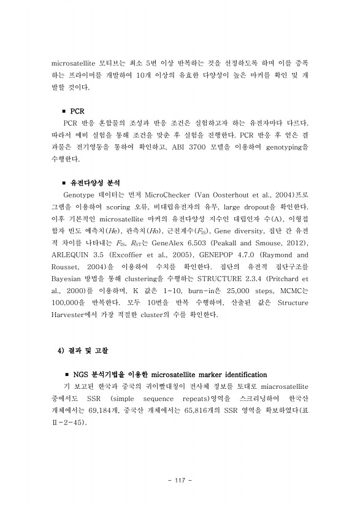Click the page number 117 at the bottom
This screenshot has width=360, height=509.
coord(180,479)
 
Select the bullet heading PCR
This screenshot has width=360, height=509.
coord(77,112)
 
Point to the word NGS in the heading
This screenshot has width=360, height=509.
coord(82,374)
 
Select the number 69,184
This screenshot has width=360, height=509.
coord(102,410)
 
